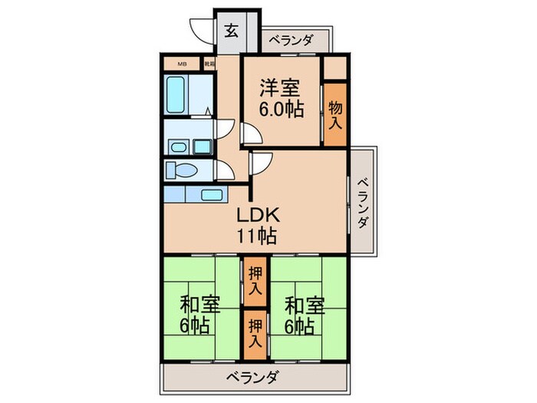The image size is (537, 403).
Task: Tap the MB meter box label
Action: tap(183, 64)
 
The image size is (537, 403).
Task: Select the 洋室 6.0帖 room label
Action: tap(280, 98)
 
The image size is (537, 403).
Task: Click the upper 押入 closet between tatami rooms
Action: tap(255, 282)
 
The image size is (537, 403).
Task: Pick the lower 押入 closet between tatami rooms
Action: tap(255, 332)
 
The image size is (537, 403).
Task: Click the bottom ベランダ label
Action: tap(252, 377)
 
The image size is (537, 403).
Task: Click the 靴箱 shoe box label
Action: tap(209, 64)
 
